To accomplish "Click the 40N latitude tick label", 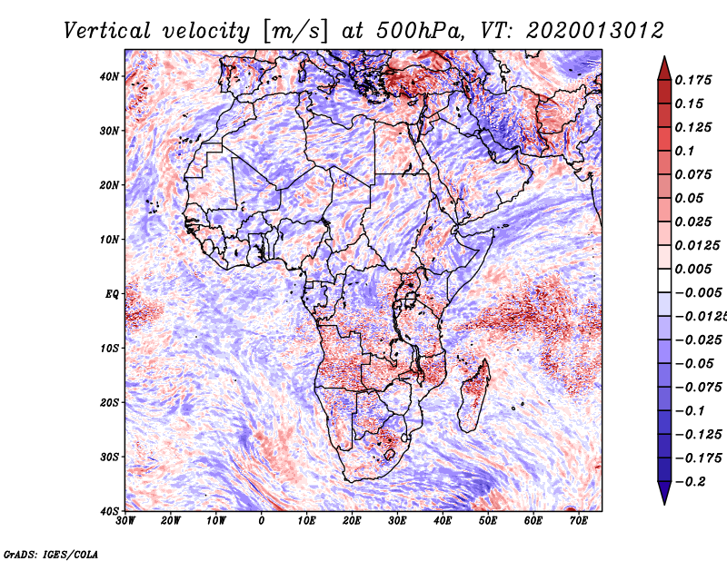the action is (108, 76).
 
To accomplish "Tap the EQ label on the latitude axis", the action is (112, 294).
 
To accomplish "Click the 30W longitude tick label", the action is (125, 521).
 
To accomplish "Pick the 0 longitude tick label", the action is (262, 521).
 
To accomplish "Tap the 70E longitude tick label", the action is (579, 521).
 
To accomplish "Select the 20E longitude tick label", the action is (352, 521).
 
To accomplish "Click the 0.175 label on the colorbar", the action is (693, 81).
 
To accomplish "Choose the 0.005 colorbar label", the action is (693, 269).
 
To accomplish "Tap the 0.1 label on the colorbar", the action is (684, 151).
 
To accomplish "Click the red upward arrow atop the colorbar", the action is (664, 68).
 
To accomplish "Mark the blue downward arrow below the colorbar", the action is (664, 493).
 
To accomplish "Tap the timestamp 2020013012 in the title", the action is (595, 31).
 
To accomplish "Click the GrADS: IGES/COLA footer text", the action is (51, 555).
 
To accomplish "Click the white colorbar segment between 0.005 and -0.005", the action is (664, 280).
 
